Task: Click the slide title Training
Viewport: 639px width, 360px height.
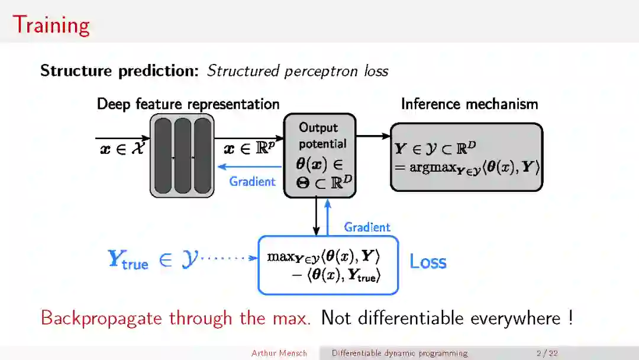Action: (51, 25)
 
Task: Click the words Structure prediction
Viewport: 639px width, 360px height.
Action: (119, 71)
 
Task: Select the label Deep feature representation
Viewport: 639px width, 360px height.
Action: (188, 104)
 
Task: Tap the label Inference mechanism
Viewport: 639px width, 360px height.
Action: (469, 104)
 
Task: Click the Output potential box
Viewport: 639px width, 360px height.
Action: (319, 155)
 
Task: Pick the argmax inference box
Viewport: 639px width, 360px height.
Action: (466, 157)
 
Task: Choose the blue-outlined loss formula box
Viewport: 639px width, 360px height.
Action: (328, 265)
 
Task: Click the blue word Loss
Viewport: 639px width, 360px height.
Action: (428, 262)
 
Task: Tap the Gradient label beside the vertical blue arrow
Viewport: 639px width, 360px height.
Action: (367, 227)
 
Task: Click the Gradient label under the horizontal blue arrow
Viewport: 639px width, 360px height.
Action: (252, 182)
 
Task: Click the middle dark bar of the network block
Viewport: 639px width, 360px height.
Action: (182, 156)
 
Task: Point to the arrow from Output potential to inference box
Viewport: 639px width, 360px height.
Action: (373, 136)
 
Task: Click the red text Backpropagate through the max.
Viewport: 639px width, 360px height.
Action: (176, 318)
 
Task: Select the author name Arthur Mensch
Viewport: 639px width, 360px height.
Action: (279, 353)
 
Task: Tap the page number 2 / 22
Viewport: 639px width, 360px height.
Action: (547, 353)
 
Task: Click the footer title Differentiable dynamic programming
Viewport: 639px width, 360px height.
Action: (399, 353)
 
